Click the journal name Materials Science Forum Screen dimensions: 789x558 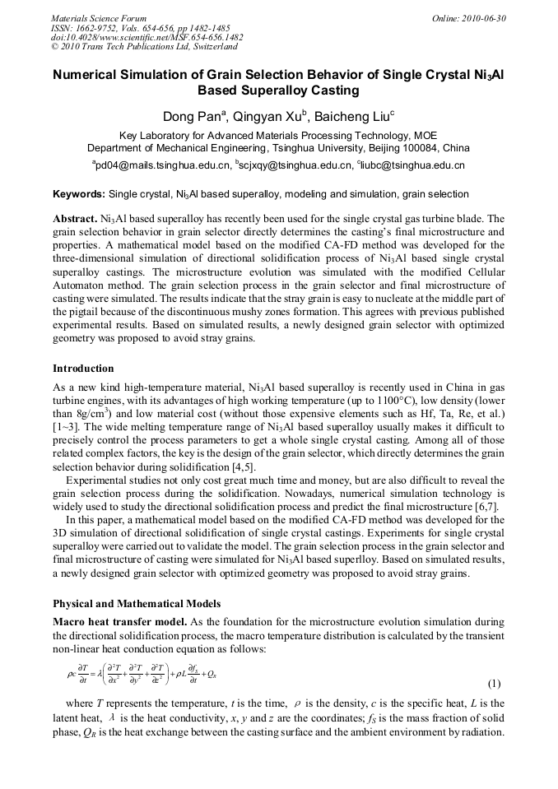click(x=99, y=18)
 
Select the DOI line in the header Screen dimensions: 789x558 click(x=146, y=37)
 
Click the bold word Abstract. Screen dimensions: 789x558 click(x=75, y=220)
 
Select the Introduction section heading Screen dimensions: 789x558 click(x=83, y=368)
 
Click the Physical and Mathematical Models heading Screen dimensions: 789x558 click(x=137, y=604)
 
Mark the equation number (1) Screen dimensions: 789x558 click(x=494, y=684)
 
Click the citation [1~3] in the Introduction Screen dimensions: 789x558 click(x=67, y=427)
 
